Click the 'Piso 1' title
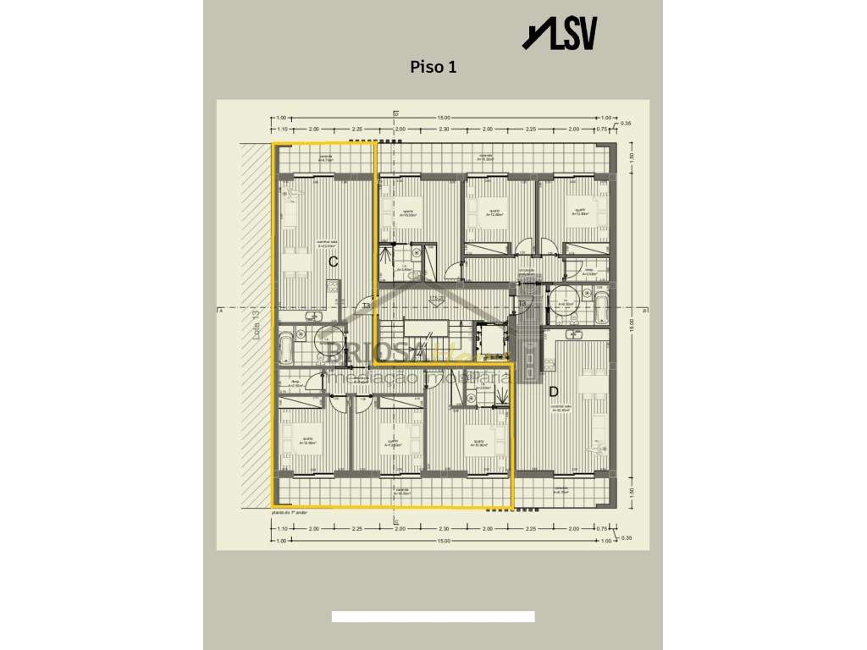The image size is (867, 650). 433,67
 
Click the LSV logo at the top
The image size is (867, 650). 561,34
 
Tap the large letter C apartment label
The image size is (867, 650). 334,262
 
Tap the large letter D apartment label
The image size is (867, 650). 553,391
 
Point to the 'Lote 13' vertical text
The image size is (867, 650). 254,324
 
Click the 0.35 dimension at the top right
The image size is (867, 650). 626,124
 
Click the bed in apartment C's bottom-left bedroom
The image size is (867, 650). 311,439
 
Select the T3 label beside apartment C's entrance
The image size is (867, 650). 366,306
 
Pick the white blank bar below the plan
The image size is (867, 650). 433,617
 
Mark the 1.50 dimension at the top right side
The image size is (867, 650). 630,157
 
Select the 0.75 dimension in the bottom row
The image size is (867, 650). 600,529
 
